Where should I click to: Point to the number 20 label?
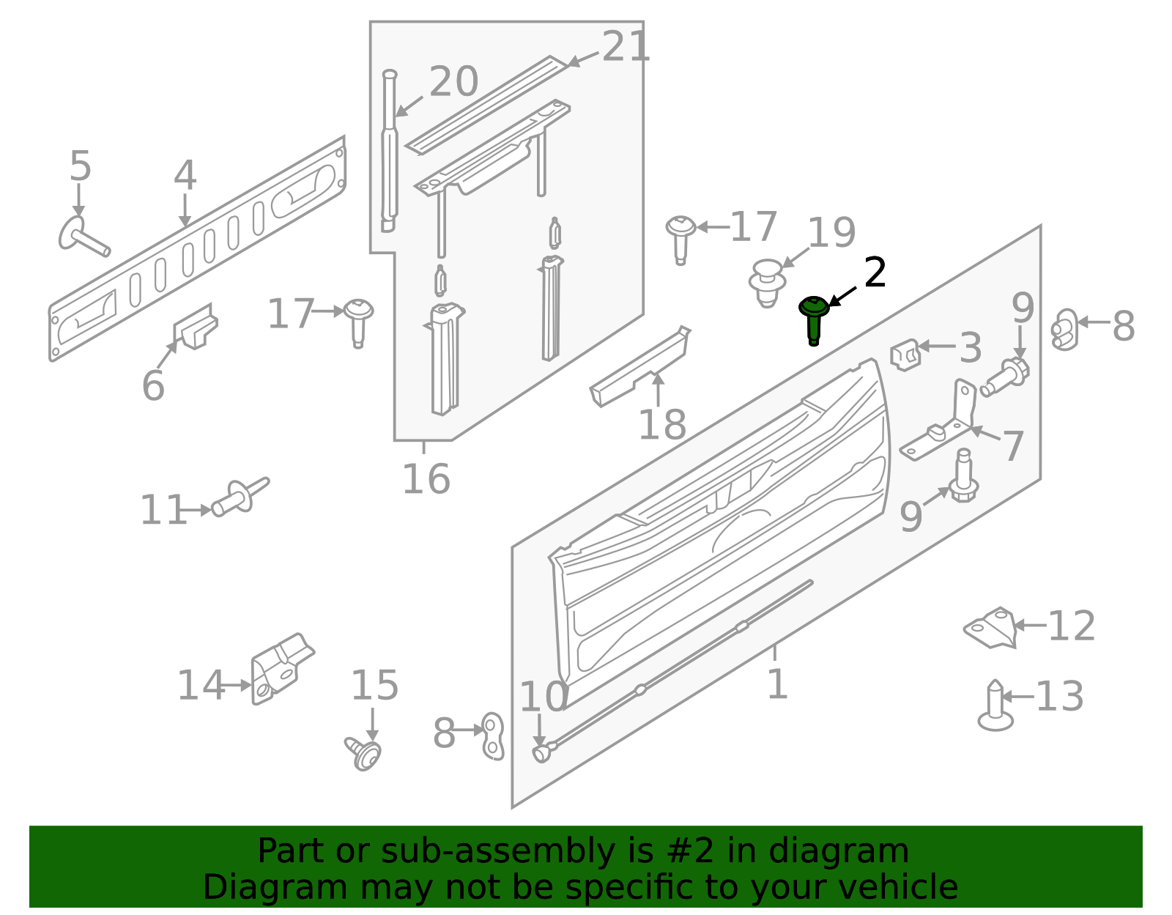tap(453, 81)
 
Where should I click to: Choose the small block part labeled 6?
tap(196, 327)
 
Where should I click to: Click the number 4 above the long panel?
tap(185, 176)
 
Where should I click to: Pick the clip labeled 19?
tap(767, 282)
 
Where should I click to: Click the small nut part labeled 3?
tap(905, 355)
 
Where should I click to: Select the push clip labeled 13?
tap(995, 707)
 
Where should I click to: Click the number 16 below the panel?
tap(426, 480)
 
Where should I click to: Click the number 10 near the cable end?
tap(544, 697)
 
